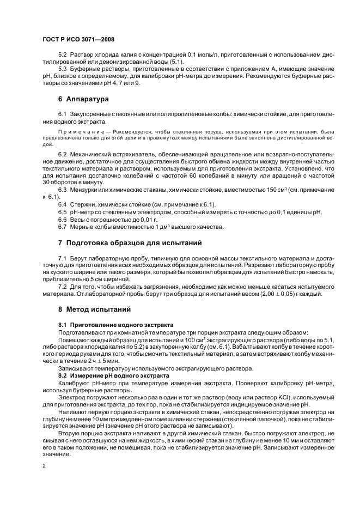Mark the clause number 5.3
pyautogui.click(x=62, y=69)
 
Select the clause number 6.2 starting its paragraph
pyautogui.click(x=62, y=156)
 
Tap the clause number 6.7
pyautogui.click(x=62, y=227)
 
